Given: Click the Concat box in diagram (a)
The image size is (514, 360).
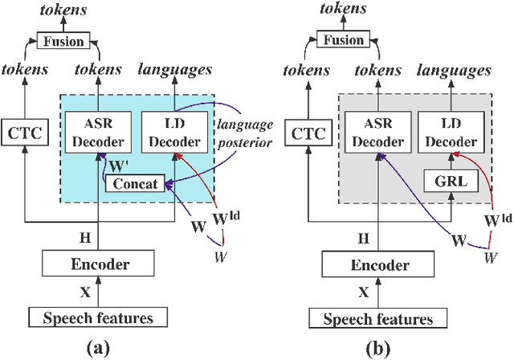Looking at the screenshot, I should [x=135, y=183].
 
